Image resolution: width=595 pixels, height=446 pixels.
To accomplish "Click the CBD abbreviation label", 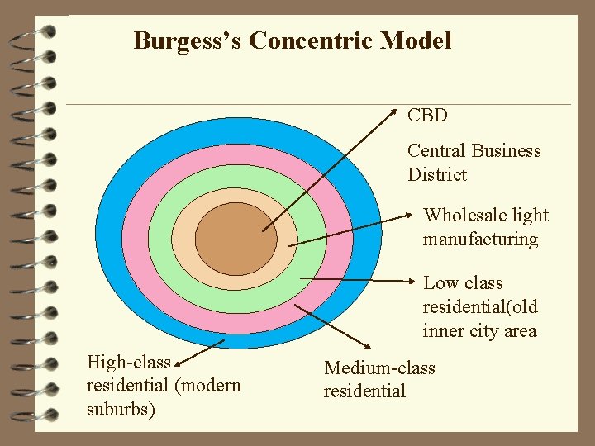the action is (427, 115).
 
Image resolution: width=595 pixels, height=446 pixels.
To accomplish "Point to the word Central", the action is (436, 150).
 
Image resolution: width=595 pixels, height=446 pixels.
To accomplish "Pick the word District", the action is (436, 174).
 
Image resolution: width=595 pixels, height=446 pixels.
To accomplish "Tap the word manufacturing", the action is (480, 240).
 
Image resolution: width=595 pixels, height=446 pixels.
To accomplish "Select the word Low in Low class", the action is (440, 283).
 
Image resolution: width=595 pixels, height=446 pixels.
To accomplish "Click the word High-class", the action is (128, 362).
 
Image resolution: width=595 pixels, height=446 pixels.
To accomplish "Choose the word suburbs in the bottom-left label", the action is (121, 410).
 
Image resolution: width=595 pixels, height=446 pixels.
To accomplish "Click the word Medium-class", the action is (379, 368).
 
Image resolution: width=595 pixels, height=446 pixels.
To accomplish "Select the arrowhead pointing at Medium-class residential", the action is (366, 344).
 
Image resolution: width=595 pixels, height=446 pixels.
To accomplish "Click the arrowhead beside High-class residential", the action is (180, 360).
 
